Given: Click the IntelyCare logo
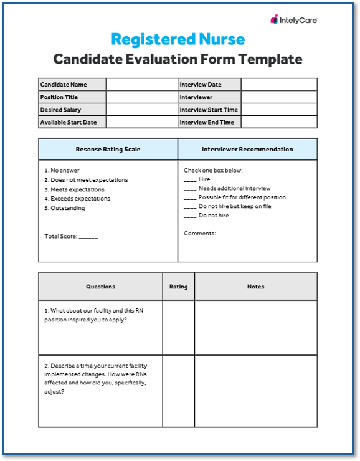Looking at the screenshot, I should pyautogui.click(x=293, y=20).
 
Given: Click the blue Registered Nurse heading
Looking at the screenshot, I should pyautogui.click(x=178, y=39).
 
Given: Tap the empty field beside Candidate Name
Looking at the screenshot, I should pyautogui.click(x=141, y=85).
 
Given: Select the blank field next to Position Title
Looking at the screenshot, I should pyautogui.click(x=141, y=97).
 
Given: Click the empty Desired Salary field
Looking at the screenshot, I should pyautogui.click(x=141, y=110).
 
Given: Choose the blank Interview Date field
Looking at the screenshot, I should pyautogui.click(x=278, y=85).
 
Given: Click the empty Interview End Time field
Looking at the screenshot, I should pyautogui.click(x=278, y=122).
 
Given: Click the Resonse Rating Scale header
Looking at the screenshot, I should pyautogui.click(x=108, y=150).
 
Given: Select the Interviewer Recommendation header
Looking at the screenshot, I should pyautogui.click(x=247, y=150).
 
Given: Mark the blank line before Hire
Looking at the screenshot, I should pyautogui.click(x=190, y=180).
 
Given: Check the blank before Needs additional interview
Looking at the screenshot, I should pyautogui.click(x=190, y=189).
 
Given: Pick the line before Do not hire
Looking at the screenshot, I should pyautogui.click(x=190, y=216).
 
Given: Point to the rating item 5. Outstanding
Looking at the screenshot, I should pyautogui.click(x=65, y=208).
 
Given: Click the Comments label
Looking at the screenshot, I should pyautogui.click(x=200, y=234).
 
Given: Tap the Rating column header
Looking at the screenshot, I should pyautogui.click(x=178, y=287).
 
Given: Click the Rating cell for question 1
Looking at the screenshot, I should pyautogui.click(x=178, y=328).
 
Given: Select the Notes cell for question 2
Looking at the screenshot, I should pyautogui.click(x=255, y=391).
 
